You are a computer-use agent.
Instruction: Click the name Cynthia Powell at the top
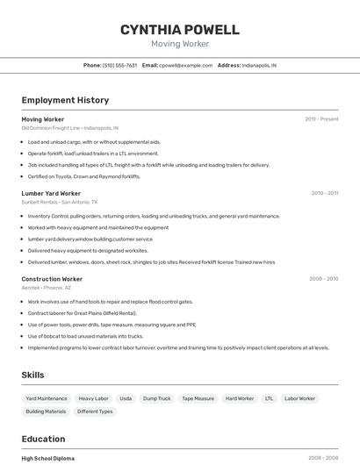pyautogui.click(x=179, y=30)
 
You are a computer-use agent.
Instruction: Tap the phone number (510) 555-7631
pyautogui.click(x=119, y=65)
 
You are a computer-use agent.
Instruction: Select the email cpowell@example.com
pyautogui.click(x=185, y=65)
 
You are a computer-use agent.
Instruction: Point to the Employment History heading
pyautogui.click(x=65, y=100)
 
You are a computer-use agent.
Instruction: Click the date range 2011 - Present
pyautogui.click(x=321, y=118)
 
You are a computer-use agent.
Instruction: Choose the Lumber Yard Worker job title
pyautogui.click(x=51, y=193)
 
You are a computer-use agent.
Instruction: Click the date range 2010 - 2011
pyautogui.click(x=324, y=193)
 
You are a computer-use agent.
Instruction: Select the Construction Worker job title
pyautogui.click(x=52, y=279)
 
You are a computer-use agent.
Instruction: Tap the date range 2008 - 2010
pyautogui.click(x=323, y=279)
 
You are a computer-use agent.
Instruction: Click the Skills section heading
pyautogui.click(x=32, y=376)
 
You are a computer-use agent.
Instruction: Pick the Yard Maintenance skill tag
pyautogui.click(x=47, y=398)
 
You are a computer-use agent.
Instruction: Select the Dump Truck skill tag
pyautogui.click(x=157, y=398)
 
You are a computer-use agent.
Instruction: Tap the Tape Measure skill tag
pyautogui.click(x=198, y=398)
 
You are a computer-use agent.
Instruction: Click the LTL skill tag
pyautogui.click(x=269, y=398)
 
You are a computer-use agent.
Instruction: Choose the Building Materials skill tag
pyautogui.click(x=46, y=411)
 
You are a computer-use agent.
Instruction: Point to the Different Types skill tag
pyautogui.click(x=95, y=411)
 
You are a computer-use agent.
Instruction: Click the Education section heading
pyautogui.click(x=43, y=439)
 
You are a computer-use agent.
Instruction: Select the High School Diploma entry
pyautogui.click(x=48, y=458)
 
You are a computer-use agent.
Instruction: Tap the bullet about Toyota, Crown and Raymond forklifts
pyautogui.click(x=83, y=176)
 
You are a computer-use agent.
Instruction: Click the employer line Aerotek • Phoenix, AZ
pyautogui.click(x=47, y=288)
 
